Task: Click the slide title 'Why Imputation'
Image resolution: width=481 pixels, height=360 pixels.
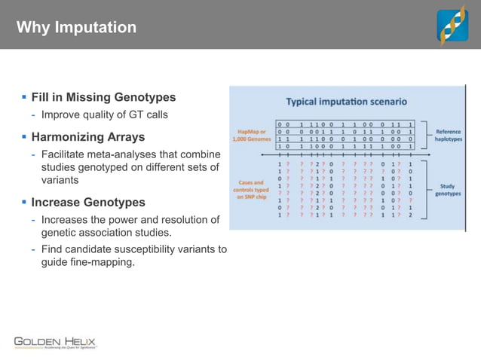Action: click(76, 28)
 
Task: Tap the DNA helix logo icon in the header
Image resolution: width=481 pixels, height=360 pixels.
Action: click(453, 25)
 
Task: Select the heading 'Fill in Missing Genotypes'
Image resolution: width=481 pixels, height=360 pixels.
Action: click(103, 97)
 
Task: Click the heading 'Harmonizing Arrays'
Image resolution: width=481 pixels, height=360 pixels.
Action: click(88, 137)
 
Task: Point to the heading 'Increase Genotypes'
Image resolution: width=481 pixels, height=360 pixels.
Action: click(88, 203)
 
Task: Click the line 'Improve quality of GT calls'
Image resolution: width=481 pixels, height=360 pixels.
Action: click(104, 115)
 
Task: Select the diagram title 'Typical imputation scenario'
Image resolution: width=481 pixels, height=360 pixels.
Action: click(346, 101)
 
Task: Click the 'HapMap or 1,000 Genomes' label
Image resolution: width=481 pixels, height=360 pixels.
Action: click(250, 135)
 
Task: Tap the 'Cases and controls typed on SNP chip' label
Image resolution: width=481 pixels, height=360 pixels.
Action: click(250, 188)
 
